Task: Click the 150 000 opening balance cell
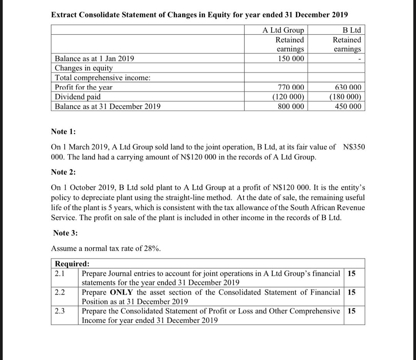click(290, 59)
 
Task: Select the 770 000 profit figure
click(290, 87)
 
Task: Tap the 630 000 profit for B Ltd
click(348, 87)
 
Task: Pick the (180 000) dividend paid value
click(346, 97)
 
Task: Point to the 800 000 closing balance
click(290, 106)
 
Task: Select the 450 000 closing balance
click(348, 106)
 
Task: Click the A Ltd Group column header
click(283, 30)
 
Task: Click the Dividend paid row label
click(78, 97)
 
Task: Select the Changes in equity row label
click(84, 68)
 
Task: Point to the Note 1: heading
click(64, 132)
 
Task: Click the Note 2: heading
click(64, 172)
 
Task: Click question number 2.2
click(60, 292)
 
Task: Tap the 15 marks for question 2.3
click(351, 311)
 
